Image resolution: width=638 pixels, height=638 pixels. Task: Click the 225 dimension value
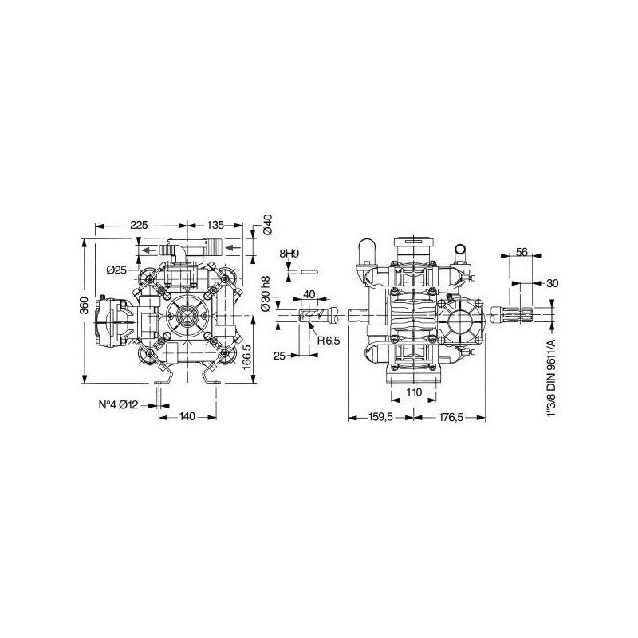click(x=139, y=225)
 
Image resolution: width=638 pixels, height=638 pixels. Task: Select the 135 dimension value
click(x=215, y=225)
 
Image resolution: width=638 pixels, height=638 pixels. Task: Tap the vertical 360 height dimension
click(x=84, y=305)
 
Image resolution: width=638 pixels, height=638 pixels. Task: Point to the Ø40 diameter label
click(x=268, y=224)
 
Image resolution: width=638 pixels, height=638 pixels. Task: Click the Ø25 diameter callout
click(x=116, y=270)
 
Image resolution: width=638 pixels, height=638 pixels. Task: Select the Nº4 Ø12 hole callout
click(x=118, y=405)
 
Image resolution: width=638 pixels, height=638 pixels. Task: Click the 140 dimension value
click(x=187, y=416)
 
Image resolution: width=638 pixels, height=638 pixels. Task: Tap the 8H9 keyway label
click(x=289, y=254)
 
